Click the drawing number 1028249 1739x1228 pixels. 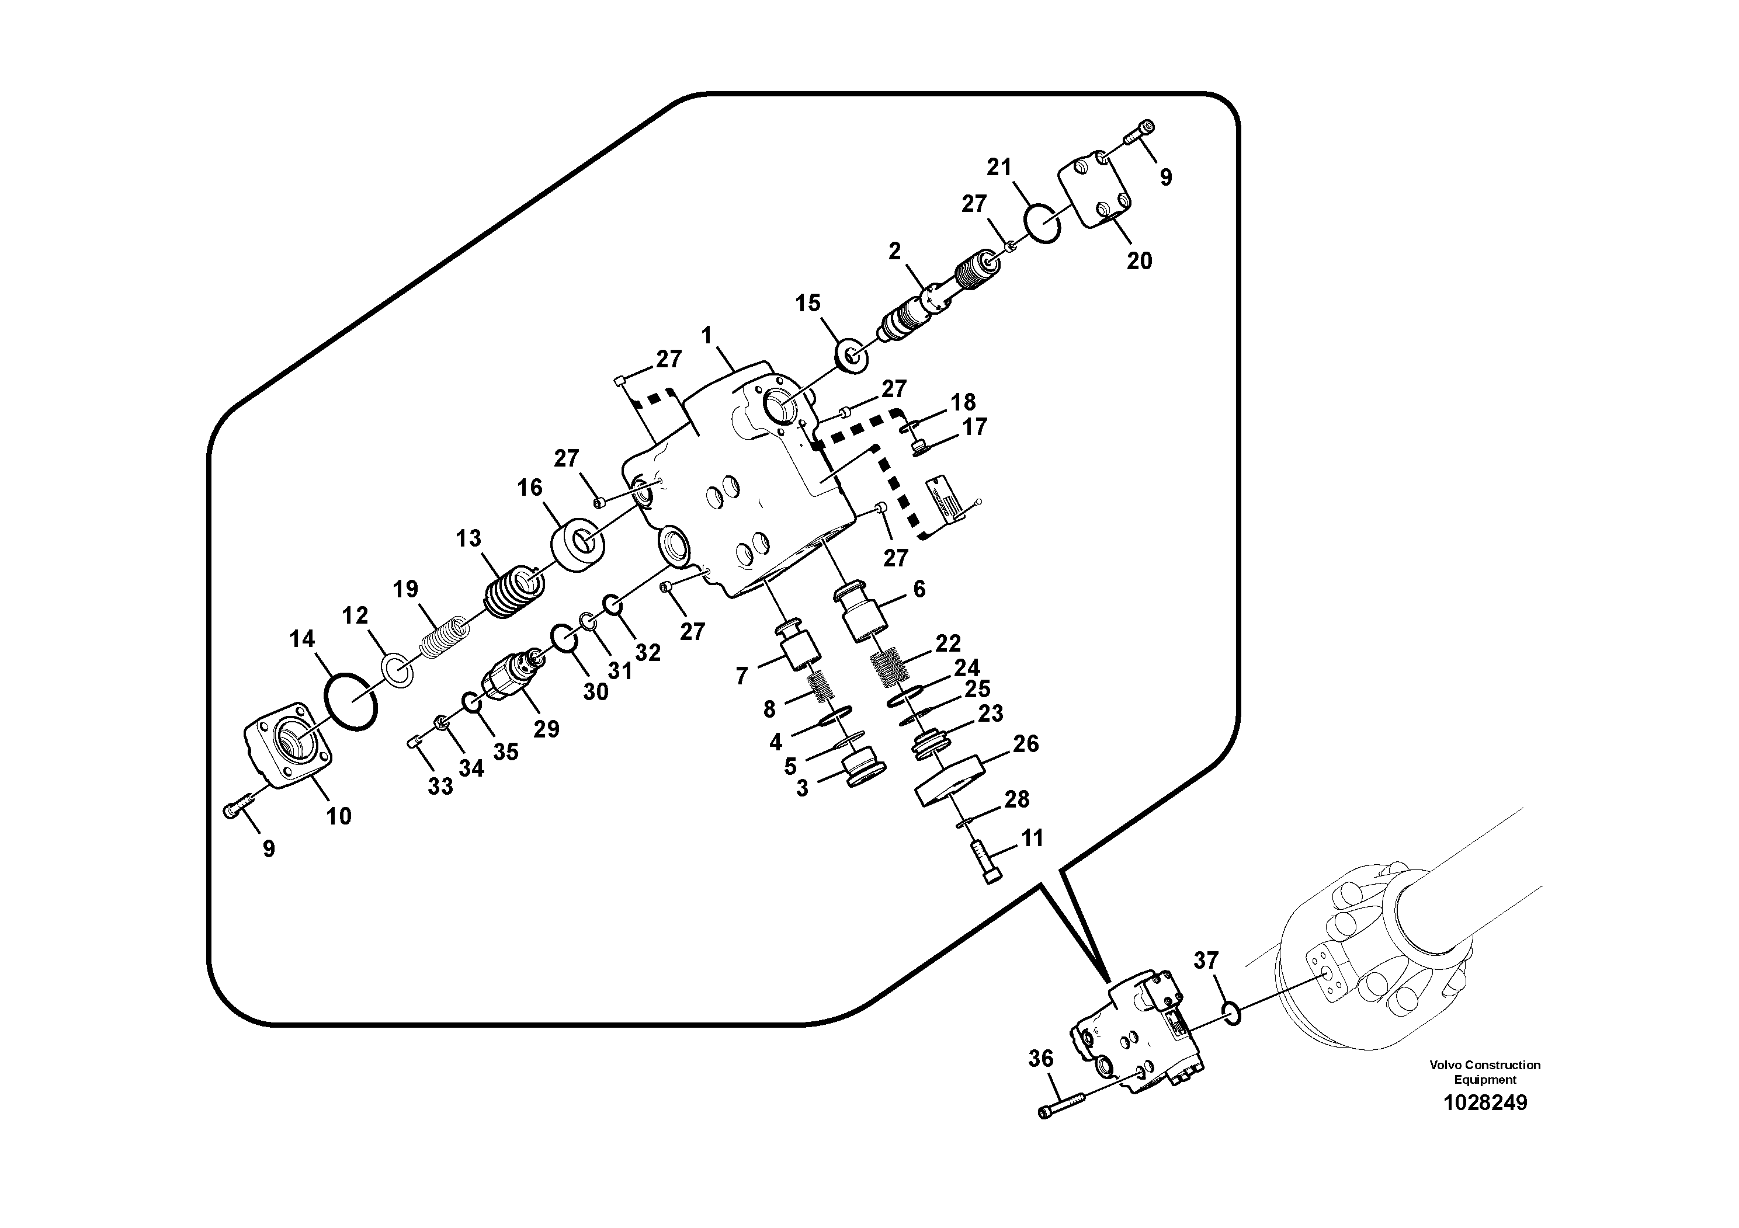point(1484,1102)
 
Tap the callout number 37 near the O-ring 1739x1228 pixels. point(1206,961)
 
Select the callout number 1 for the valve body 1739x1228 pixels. point(707,335)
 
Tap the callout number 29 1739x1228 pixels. point(546,728)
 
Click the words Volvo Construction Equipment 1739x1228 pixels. point(1484,1072)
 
